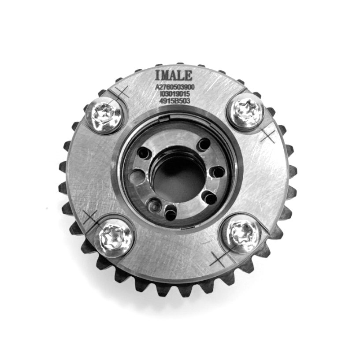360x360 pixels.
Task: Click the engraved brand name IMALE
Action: [174, 75]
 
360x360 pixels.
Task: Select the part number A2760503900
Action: [175, 87]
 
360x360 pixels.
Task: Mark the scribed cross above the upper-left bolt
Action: [122, 93]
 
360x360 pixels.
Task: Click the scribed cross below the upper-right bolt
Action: [268, 135]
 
